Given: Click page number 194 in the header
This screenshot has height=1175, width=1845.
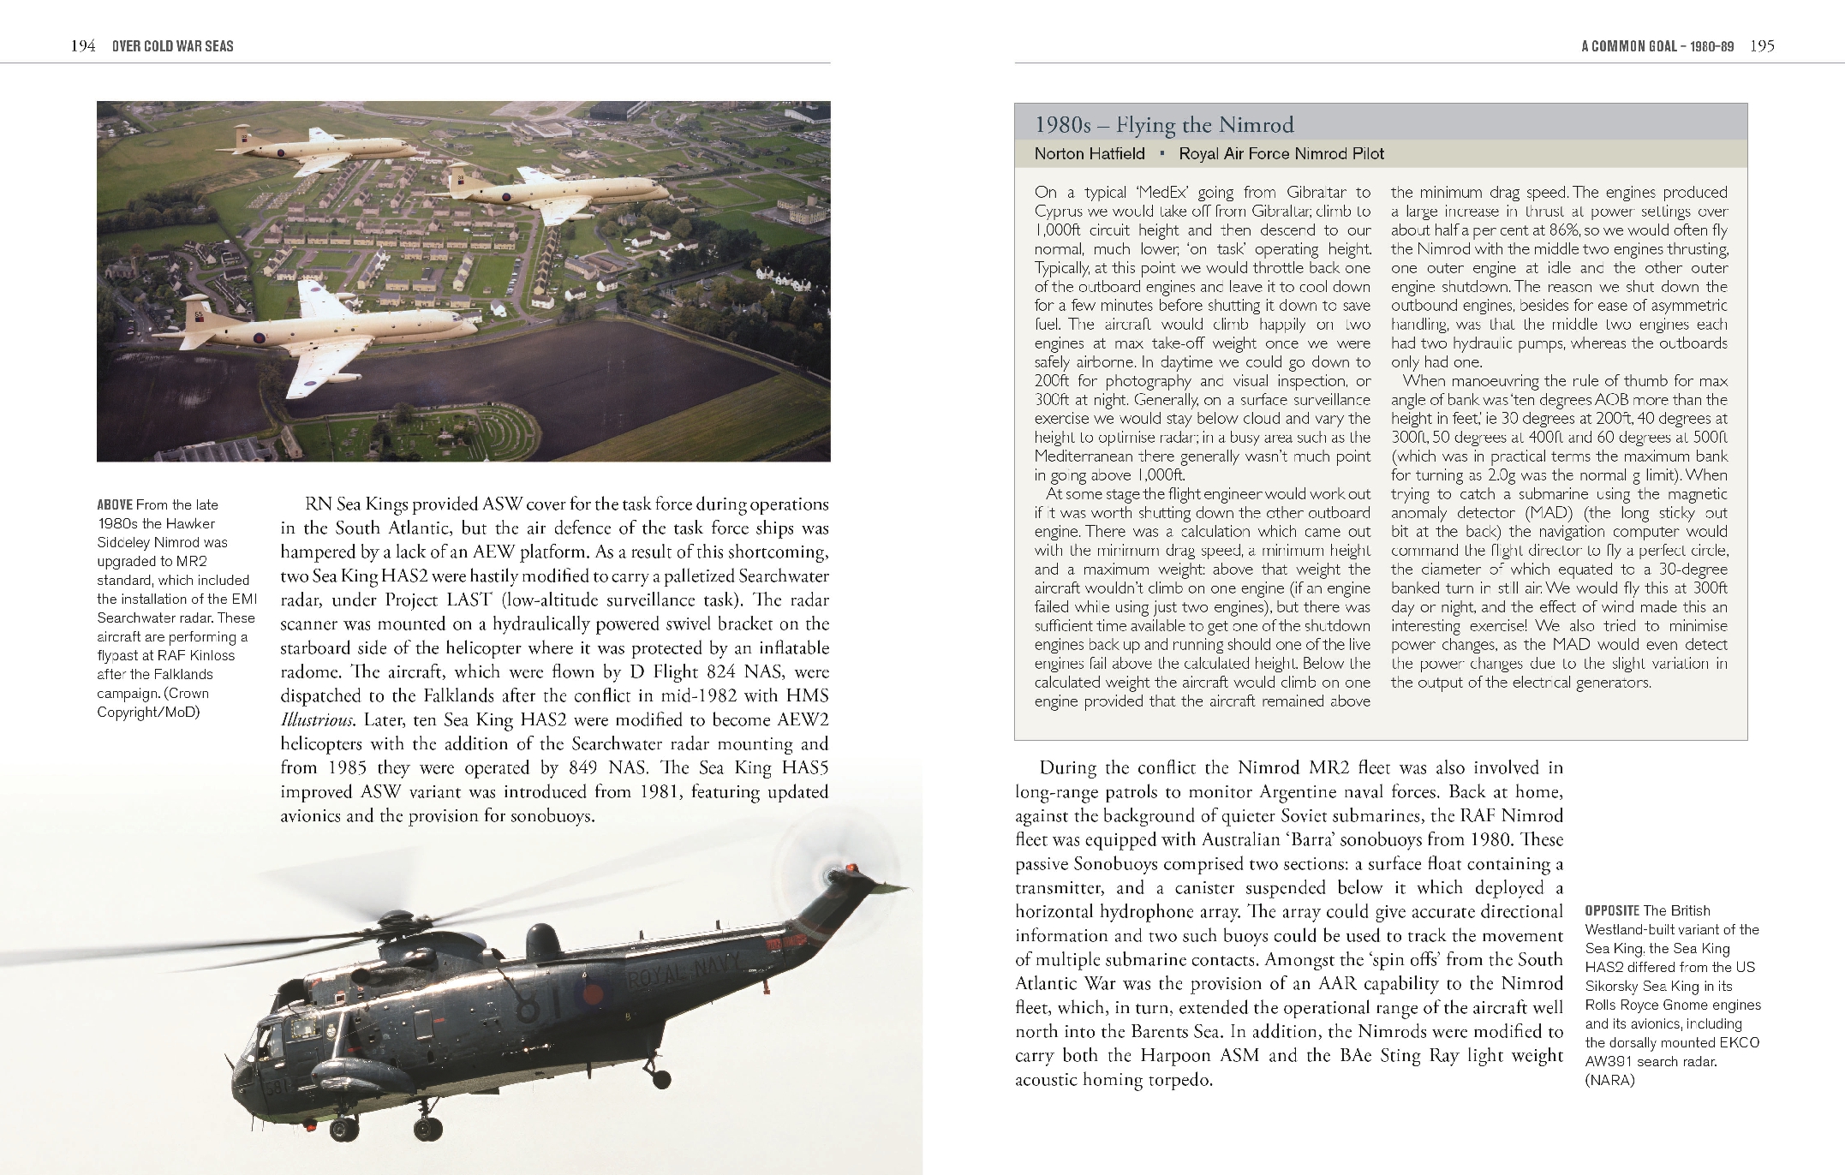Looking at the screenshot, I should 82,46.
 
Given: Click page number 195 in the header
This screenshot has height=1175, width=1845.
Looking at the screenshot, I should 1762,46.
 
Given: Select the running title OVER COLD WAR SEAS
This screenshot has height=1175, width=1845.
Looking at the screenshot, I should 172,46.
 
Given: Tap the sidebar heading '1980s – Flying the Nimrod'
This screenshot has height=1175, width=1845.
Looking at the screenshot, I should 1163,125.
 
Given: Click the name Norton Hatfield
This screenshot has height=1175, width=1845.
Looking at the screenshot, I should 1089,154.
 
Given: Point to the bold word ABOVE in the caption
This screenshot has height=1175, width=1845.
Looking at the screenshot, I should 114,505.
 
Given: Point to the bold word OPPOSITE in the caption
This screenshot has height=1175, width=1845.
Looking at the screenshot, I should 1612,911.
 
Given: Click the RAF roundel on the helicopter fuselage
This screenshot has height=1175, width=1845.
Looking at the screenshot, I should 593,995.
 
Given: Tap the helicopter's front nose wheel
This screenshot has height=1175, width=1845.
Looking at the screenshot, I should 344,1130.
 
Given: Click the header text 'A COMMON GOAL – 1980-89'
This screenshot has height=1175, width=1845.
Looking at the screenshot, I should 1657,46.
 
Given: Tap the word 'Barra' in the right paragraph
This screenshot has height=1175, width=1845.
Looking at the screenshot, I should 1428,840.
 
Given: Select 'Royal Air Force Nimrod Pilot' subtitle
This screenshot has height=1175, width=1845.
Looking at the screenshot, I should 1281,154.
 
